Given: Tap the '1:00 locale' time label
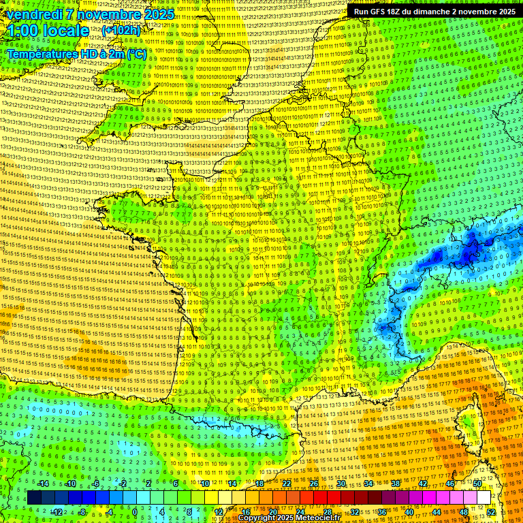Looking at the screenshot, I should click(46, 31).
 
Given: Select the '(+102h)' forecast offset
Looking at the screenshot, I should click(121, 31).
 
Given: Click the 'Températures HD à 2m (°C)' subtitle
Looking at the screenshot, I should click(76, 54).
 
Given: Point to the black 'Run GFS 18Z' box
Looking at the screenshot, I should click(434, 12).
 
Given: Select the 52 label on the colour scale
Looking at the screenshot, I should click(490, 511).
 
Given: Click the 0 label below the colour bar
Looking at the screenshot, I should click(135, 511).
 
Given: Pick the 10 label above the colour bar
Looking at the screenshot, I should click(204, 484).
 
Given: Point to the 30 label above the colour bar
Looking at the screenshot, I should click(340, 484).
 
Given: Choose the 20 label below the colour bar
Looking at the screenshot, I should click(272, 511).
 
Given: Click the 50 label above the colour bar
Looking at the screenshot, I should click(477, 484).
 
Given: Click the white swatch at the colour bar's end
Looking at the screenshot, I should click(484, 498).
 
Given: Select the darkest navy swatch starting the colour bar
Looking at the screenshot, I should click(34, 498).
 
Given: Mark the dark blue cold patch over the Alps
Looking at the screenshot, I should click(470, 252).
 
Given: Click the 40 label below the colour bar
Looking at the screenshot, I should click(409, 511).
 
